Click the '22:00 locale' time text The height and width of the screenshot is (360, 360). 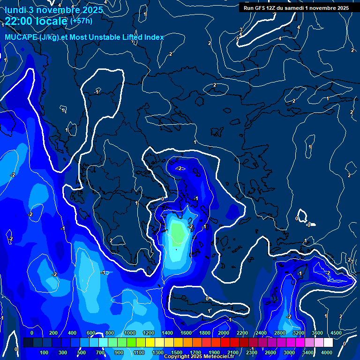click(x=36, y=22)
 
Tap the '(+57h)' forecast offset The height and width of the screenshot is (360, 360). click(x=81, y=21)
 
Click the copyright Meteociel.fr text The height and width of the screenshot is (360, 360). click(x=199, y=357)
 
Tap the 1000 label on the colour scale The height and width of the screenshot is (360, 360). click(x=129, y=333)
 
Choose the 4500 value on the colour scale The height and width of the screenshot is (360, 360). click(x=336, y=333)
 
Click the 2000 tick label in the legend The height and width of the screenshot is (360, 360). click(x=223, y=333)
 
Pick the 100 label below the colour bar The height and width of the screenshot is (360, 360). click(x=44, y=352)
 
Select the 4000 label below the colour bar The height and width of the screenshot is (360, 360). click(x=327, y=352)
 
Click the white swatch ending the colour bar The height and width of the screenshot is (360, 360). click(x=328, y=343)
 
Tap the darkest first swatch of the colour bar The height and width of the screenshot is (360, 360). click(x=28, y=343)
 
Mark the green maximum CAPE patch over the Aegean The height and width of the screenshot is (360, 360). click(x=177, y=233)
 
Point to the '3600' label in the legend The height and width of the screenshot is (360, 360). click(x=317, y=333)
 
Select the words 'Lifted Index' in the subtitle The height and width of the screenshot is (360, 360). click(x=141, y=37)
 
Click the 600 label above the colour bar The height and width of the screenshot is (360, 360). click(x=91, y=333)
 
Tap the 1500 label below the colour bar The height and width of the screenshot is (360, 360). click(x=177, y=352)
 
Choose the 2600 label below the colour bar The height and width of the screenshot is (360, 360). click(x=270, y=352)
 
